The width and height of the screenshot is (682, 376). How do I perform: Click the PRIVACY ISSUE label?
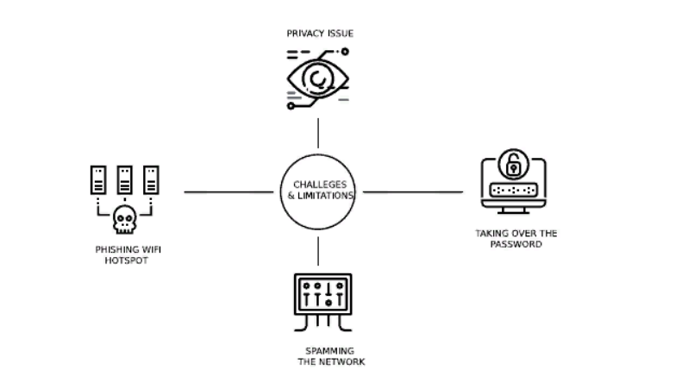(320, 34)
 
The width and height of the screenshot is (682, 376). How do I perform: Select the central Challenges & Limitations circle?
(318, 191)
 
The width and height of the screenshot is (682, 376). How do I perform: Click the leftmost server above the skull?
(98, 179)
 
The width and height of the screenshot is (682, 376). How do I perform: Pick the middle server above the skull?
(125, 179)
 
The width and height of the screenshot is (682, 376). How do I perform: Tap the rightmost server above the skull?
(153, 179)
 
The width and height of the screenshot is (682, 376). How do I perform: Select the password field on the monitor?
(514, 190)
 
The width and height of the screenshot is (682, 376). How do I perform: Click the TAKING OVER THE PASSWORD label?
(516, 238)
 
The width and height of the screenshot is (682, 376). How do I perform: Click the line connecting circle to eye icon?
(318, 133)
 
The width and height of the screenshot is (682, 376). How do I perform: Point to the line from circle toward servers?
(228, 191)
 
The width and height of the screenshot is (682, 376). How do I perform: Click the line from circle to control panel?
(318, 250)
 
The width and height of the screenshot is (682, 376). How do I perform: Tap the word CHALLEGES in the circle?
(319, 185)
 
